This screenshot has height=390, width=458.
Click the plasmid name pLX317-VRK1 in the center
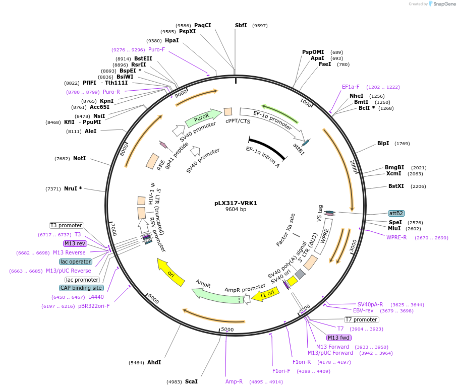click(x=236, y=203)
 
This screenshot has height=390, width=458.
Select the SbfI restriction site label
click(x=241, y=25)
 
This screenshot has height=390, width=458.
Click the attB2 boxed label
click(x=396, y=213)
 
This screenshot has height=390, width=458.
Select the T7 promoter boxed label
click(x=361, y=319)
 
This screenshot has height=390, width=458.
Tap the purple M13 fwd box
click(x=338, y=338)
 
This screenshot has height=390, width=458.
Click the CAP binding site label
click(x=82, y=288)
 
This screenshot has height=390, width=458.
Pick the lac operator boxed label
click(x=76, y=262)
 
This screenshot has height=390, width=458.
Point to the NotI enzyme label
click(x=79, y=158)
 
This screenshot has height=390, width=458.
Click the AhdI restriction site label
click(x=154, y=362)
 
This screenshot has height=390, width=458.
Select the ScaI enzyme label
click(x=191, y=381)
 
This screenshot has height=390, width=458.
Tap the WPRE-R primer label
click(x=396, y=237)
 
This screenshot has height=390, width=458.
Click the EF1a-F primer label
click(x=351, y=87)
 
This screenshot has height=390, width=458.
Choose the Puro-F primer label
click(x=156, y=49)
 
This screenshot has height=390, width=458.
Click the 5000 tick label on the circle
click(x=227, y=330)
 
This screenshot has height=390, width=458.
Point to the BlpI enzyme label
click(x=383, y=143)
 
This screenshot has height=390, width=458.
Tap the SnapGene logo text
click(x=444, y=4)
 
